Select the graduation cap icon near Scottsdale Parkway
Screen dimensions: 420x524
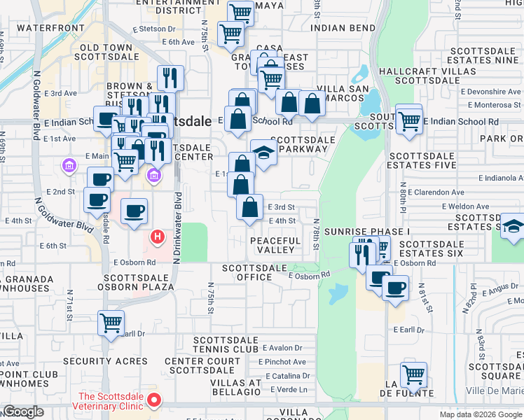[263, 153]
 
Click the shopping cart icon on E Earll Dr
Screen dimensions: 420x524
[111, 323]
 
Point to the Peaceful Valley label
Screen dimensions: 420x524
[275, 245]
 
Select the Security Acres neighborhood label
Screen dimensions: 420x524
[105, 362]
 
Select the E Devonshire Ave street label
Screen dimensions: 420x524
[490, 92]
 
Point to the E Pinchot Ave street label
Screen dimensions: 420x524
[282, 362]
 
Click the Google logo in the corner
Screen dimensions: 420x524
[24, 412]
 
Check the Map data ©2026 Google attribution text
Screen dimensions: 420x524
[480, 414]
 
